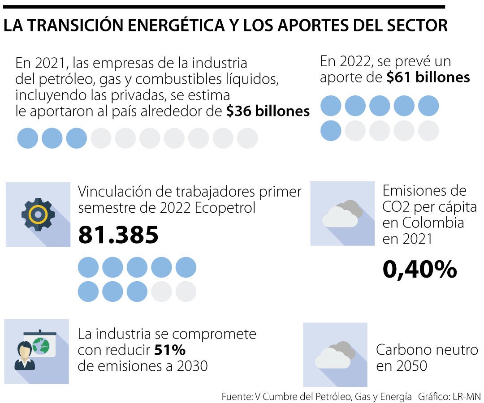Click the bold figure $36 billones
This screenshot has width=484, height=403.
coord(268,111)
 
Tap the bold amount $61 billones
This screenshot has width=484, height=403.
coord(428,77)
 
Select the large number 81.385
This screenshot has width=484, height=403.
coord(118,235)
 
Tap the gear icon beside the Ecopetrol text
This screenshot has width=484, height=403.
coord(38,214)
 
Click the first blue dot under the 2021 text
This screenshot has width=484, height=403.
coord(27,138)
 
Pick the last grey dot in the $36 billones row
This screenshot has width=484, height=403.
coord(247,138)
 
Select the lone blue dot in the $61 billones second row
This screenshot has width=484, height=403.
coord(331,130)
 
